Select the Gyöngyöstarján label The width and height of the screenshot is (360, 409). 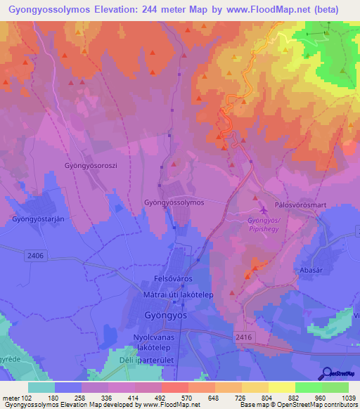coord(39,219)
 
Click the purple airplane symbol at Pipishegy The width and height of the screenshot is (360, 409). coord(264,210)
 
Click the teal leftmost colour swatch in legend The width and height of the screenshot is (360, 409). coord(41,387)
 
